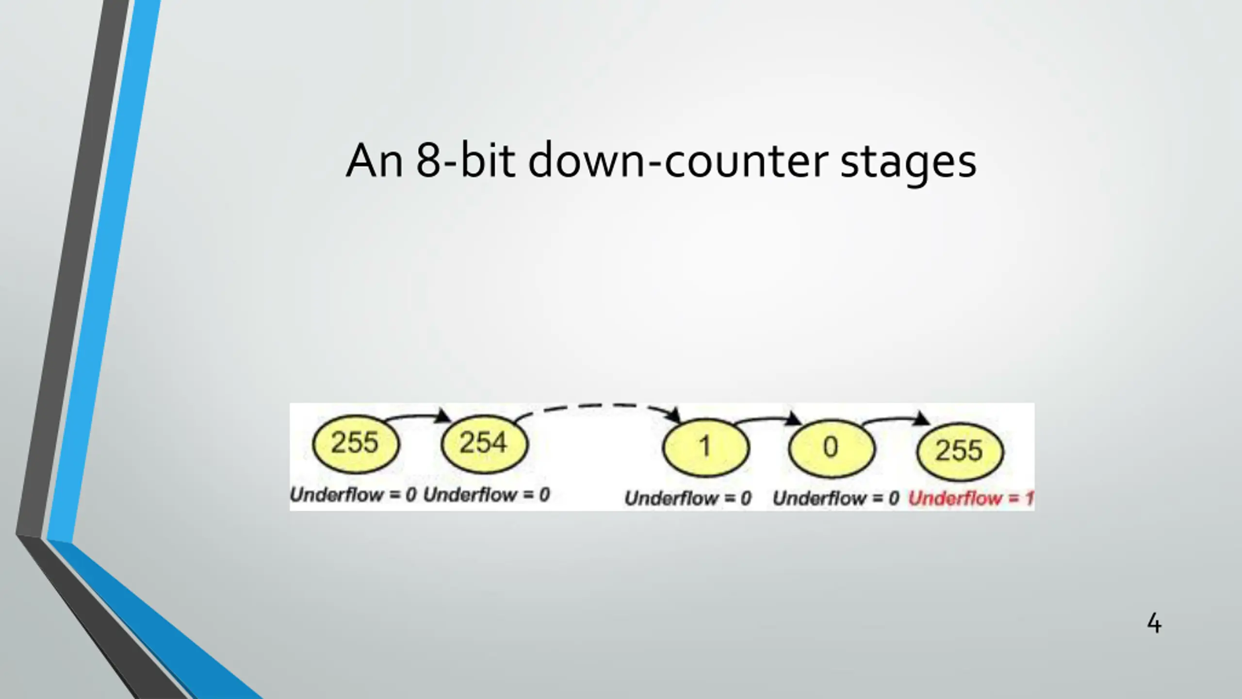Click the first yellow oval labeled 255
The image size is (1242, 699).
356,444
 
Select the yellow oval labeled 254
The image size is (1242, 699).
484,444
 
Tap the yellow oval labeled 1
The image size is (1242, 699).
706,447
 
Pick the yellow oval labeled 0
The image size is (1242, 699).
832,448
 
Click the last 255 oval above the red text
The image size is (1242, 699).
960,450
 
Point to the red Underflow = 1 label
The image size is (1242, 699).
971,499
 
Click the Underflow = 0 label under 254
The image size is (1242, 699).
487,495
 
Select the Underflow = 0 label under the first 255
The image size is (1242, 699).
353,495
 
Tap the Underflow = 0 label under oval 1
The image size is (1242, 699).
688,499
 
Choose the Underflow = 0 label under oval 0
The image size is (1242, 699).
836,499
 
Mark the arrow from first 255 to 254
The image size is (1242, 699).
417,416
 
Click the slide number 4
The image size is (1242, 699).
1154,624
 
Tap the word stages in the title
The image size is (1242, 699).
908,162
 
